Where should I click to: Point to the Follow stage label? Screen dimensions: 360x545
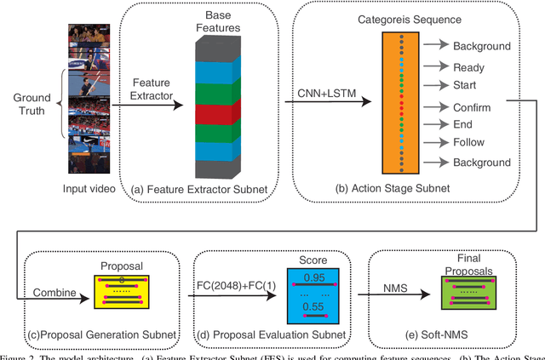tap(469, 143)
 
